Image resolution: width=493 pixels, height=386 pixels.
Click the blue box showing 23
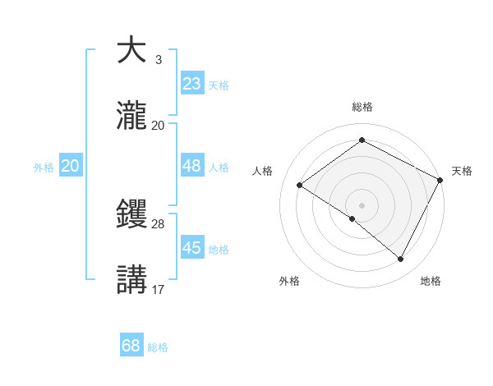tap(191, 83)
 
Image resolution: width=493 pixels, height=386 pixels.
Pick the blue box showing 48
tap(191, 165)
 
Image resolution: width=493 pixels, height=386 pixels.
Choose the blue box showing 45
tap(191, 247)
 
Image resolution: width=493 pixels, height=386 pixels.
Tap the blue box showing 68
tap(131, 346)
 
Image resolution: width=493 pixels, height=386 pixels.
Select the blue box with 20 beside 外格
tap(71, 165)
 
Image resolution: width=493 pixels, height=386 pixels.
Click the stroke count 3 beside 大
tap(158, 59)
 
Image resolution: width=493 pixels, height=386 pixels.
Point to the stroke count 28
tap(158, 223)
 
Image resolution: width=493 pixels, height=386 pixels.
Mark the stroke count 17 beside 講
tap(158, 289)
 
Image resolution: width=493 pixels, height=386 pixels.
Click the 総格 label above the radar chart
tap(362, 107)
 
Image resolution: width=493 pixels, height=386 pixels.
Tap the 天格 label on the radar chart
tap(462, 171)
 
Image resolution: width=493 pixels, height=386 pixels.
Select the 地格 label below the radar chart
tap(431, 281)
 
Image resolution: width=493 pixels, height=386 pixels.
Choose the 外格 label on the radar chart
tap(289, 281)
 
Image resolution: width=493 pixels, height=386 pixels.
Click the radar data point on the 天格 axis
tap(440, 179)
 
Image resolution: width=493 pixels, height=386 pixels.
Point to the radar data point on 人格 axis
tap(300, 185)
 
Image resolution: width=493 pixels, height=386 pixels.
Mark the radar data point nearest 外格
tap(352, 218)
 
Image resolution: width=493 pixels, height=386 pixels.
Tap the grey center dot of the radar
tap(362, 204)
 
